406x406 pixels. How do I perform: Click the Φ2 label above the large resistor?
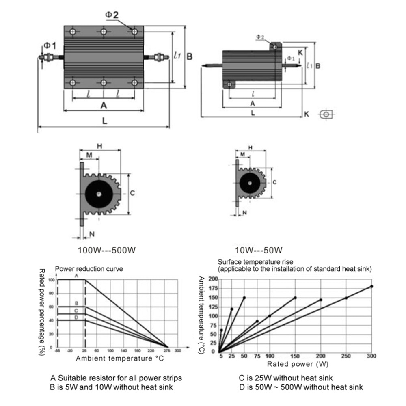point(112,15)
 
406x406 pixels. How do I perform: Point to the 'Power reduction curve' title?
point(89,268)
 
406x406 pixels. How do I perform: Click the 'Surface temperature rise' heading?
point(255,262)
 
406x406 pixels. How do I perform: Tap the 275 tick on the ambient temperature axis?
point(166,350)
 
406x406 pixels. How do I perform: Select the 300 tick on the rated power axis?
point(371,356)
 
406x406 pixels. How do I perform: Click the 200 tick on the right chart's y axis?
point(212,279)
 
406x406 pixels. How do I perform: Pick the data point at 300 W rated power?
point(371,286)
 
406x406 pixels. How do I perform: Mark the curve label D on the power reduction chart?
point(76,317)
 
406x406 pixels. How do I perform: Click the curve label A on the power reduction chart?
point(76,276)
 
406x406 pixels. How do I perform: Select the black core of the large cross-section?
point(99,194)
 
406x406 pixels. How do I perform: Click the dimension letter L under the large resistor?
point(105,121)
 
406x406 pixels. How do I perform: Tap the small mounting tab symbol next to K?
point(326,114)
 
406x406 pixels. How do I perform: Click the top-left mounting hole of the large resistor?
point(73,32)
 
